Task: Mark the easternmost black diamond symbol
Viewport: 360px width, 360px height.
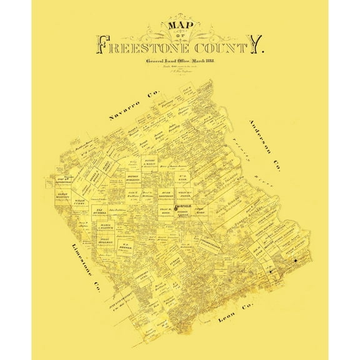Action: [x=294, y=261]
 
